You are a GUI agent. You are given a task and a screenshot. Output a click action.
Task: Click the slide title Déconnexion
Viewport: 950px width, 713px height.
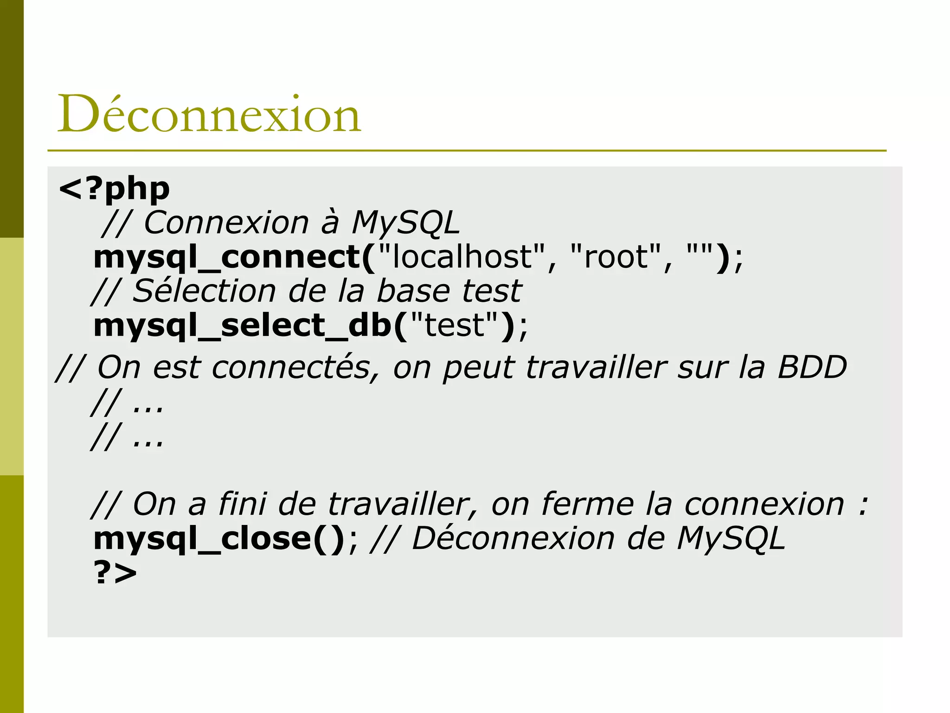[209, 114]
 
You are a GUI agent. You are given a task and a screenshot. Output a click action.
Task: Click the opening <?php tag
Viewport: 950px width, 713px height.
[115, 188]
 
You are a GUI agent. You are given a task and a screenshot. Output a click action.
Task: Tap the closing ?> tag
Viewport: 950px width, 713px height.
[115, 573]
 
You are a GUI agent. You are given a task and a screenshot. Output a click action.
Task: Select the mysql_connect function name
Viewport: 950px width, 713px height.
[226, 257]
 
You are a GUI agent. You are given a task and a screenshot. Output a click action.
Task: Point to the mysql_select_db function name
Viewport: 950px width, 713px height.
[243, 325]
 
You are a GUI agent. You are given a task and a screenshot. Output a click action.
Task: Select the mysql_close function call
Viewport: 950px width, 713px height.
[218, 538]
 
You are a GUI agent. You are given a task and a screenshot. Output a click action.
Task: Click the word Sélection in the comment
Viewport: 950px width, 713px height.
[205, 291]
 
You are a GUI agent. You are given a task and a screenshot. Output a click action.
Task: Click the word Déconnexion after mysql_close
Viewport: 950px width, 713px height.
[513, 538]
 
